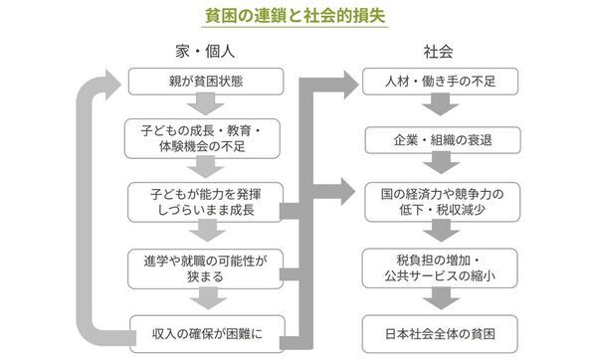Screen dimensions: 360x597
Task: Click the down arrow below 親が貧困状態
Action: point(204,107)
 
